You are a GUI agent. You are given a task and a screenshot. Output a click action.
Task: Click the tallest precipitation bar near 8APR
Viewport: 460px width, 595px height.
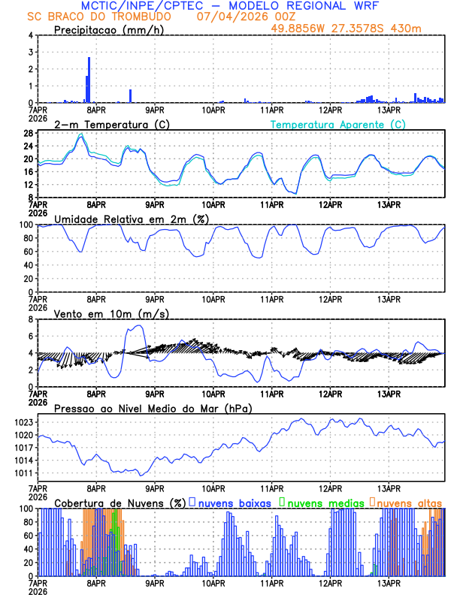click(x=89, y=79)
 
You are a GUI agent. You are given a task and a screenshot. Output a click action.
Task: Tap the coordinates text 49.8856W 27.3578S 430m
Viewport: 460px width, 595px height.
click(x=356, y=29)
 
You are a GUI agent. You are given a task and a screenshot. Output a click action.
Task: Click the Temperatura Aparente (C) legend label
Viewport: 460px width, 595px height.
click(x=338, y=124)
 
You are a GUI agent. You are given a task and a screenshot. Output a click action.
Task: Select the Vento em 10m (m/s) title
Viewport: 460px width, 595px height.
click(x=102, y=313)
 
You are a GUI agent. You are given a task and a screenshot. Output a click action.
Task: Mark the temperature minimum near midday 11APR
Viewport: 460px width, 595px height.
click(x=295, y=193)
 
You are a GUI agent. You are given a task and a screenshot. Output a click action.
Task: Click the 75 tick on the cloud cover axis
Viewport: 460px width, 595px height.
click(x=27, y=525)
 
